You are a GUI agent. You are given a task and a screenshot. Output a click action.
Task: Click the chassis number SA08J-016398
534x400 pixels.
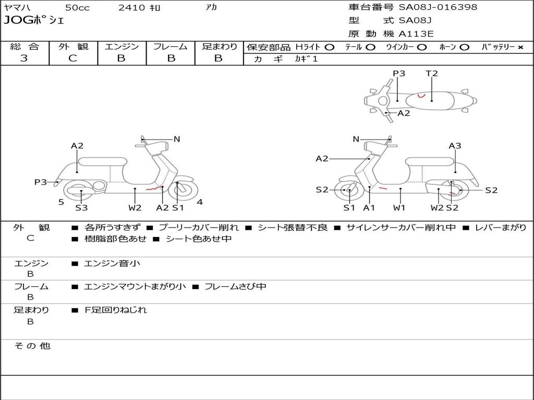(438, 7)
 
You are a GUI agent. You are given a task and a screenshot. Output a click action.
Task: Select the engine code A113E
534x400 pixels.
(416, 34)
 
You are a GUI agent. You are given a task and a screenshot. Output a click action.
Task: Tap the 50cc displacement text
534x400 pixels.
(77, 7)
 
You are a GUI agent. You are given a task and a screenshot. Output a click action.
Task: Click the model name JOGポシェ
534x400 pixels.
(33, 21)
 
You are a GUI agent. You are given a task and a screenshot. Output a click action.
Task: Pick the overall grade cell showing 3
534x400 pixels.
(24, 58)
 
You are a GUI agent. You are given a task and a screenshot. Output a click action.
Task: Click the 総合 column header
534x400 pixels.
(24, 46)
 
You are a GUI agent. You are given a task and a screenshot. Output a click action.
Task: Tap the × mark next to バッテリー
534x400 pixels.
(520, 47)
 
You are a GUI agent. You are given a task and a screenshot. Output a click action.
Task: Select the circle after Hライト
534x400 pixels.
(329, 47)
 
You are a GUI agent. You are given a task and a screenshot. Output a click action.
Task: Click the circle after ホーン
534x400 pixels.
(464, 47)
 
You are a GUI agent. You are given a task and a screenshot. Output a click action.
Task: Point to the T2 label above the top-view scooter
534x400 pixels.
(432, 73)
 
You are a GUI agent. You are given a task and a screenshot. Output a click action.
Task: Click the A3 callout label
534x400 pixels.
(455, 146)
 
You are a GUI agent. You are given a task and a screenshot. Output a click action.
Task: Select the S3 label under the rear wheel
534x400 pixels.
(81, 208)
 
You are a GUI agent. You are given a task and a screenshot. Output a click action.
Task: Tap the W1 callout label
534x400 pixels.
(400, 208)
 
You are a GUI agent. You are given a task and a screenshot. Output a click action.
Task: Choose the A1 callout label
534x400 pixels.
(369, 208)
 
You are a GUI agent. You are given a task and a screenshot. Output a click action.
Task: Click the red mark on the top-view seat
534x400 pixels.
(422, 96)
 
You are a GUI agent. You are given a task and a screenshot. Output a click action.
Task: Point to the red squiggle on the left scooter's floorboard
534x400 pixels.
(152, 190)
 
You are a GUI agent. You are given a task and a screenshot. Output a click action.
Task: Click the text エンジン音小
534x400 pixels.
(112, 264)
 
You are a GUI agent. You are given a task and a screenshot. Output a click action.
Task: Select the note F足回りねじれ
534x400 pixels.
(116, 310)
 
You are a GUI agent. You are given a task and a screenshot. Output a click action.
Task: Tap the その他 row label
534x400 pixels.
(32, 346)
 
